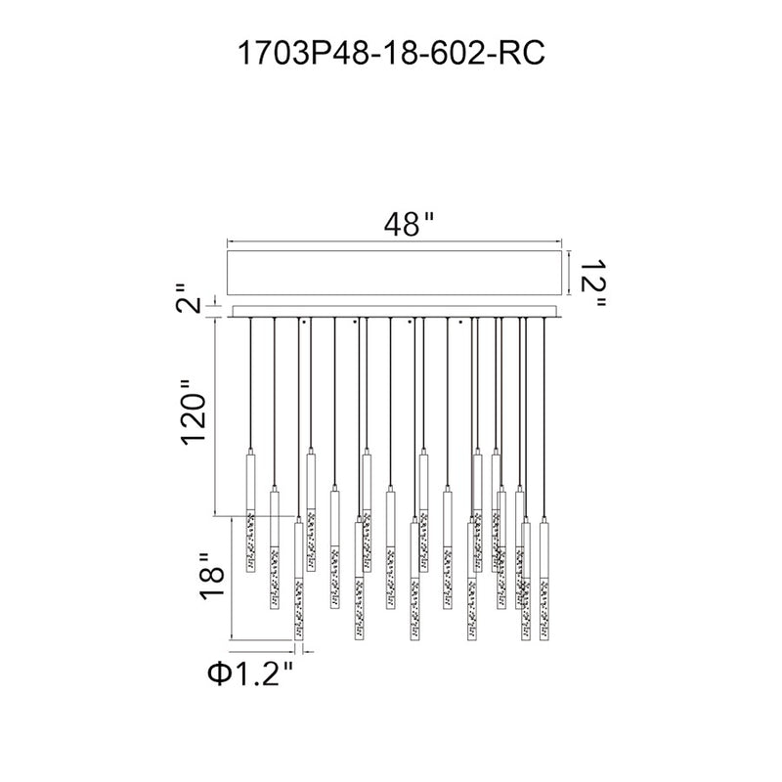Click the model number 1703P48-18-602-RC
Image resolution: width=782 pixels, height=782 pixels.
click(x=392, y=54)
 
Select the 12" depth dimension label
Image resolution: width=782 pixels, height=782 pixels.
click(x=593, y=282)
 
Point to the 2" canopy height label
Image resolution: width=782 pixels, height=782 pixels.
click(x=188, y=298)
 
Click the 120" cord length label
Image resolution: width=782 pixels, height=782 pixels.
click(x=193, y=413)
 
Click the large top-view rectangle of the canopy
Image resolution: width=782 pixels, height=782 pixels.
click(x=395, y=273)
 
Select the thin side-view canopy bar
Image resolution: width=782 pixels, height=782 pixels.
click(x=395, y=312)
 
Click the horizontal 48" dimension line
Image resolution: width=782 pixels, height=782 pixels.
click(x=395, y=242)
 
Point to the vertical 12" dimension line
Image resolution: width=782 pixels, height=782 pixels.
click(x=570, y=273)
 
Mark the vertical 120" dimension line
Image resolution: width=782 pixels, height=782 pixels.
click(x=215, y=417)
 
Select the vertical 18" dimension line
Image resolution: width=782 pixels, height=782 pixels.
click(x=231, y=578)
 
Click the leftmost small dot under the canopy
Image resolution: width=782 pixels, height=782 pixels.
click(x=304, y=322)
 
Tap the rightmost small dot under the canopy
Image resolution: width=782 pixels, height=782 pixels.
click(x=460, y=322)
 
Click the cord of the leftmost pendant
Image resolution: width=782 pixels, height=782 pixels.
click(x=250, y=383)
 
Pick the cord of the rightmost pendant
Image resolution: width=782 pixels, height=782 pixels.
click(x=544, y=418)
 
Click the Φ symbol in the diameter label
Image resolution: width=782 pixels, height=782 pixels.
click(x=218, y=673)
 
